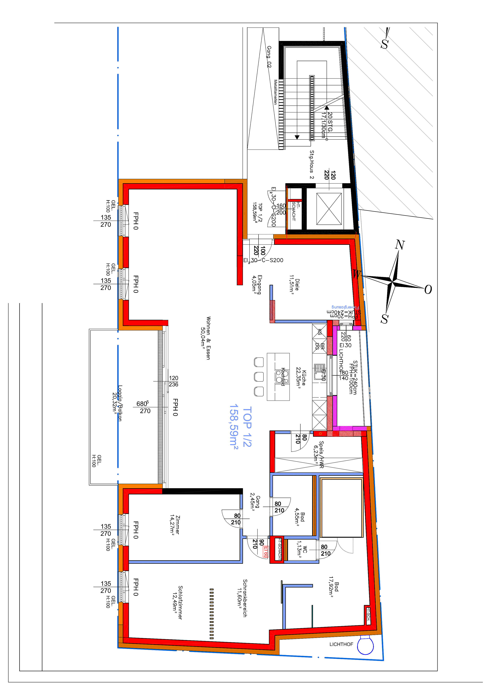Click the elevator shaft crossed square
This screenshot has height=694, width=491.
329,209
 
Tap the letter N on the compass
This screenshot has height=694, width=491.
400,244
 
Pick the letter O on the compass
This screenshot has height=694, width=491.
428,290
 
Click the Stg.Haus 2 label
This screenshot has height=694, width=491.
312,164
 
